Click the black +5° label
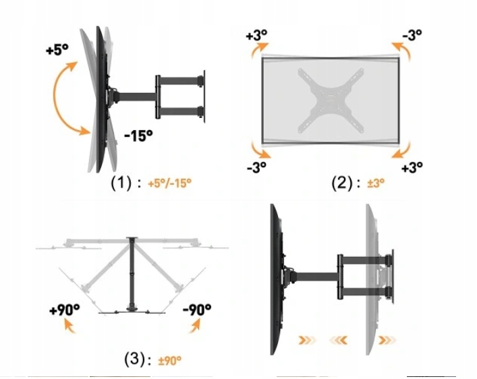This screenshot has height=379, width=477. point(57,49)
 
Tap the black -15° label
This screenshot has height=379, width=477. point(138,136)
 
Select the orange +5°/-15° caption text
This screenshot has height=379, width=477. point(170,183)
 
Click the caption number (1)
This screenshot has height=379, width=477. point(121,183)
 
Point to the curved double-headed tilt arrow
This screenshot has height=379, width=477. point(55,97)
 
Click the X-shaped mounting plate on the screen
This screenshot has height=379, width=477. point(331,100)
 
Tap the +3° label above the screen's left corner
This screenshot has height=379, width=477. point(256,35)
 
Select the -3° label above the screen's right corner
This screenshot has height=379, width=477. point(412,34)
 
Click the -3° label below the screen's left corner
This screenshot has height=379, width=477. point(257,167)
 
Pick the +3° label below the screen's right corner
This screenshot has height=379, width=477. point(412,167)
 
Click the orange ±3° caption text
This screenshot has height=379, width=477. point(376,183)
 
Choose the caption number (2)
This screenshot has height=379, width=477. point(341,183)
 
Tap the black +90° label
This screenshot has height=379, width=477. point(65,310)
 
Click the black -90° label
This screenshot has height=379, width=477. point(197,310)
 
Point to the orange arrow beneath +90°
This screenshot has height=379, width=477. point(69,327)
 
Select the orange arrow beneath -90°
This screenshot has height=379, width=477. point(195,326)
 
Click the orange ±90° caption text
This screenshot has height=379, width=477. point(170,360)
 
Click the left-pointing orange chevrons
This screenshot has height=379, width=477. point(338,340)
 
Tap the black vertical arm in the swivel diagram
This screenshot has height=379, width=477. point(132,274)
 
